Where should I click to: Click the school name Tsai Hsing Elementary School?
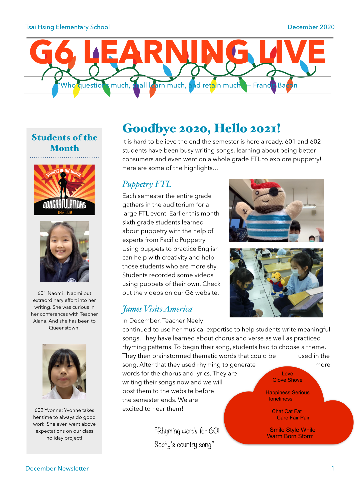pyautogui.click(x=67, y=27)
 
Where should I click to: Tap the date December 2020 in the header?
pyautogui.click(x=311, y=27)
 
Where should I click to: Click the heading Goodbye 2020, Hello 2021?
pyautogui.click(x=201, y=128)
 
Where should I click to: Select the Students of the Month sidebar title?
pyautogui.click(x=64, y=143)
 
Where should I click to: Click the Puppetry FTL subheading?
pyautogui.click(x=147, y=184)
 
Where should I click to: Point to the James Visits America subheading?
pyautogui.click(x=157, y=309)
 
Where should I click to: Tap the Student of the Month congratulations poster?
pyautogui.click(x=64, y=190)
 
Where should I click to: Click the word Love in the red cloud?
pyautogui.click(x=287, y=374)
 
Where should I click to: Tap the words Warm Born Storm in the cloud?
pyautogui.click(x=290, y=436)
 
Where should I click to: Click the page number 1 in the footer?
pyautogui.click(x=332, y=468)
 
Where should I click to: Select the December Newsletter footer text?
pyautogui.click(x=57, y=469)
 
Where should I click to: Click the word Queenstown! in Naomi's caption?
pyautogui.click(x=64, y=328)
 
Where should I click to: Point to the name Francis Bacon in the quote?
pyautogui.click(x=275, y=85)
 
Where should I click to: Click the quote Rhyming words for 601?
pyautogui.click(x=187, y=431)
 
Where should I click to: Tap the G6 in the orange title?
pyautogui.click(x=52, y=52)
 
